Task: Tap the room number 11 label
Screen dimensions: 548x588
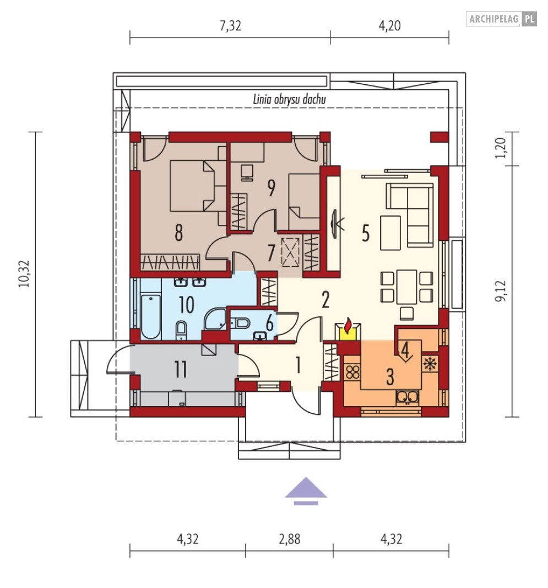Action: (181, 369)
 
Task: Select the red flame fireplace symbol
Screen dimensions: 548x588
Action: (348, 326)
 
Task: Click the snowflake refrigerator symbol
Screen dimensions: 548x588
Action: (430, 364)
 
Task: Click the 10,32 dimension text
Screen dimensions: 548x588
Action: (24, 273)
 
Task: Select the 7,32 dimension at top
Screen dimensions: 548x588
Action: (230, 26)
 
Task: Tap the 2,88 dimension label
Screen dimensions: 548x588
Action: (289, 540)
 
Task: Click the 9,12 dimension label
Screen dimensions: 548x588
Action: (501, 290)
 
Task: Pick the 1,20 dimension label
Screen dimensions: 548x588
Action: (501, 148)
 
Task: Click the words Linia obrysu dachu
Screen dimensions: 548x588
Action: (289, 99)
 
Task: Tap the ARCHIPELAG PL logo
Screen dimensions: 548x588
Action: (501, 19)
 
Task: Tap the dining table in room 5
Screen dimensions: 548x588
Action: (406, 287)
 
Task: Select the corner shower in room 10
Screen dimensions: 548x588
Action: (215, 319)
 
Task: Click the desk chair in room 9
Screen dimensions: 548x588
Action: (247, 173)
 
